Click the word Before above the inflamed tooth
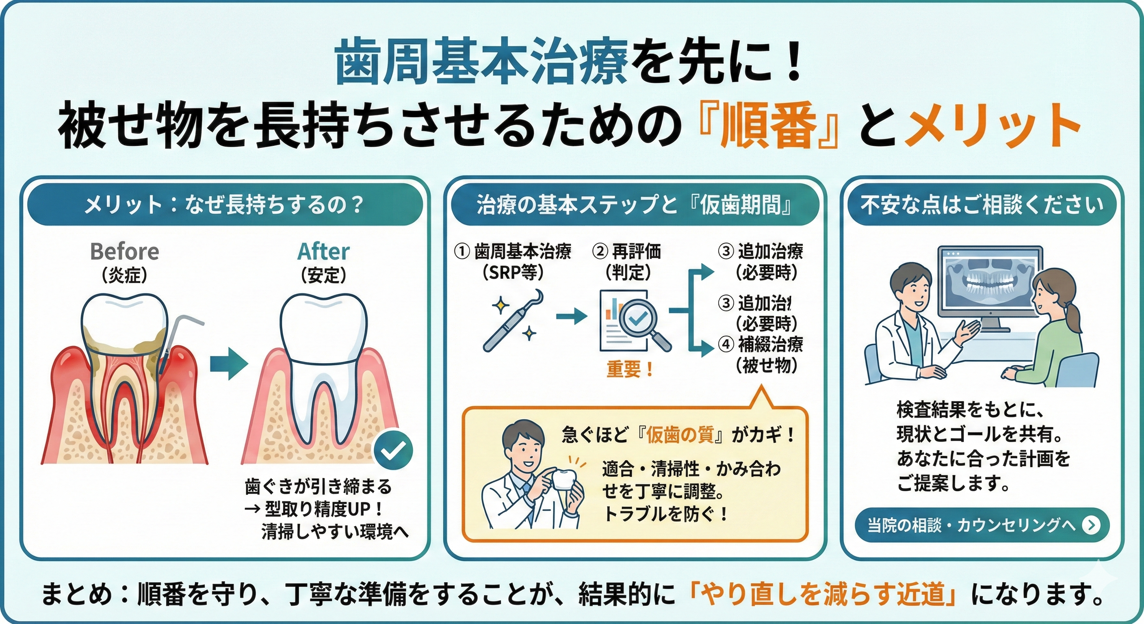click(x=124, y=252)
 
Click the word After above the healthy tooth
click(x=323, y=252)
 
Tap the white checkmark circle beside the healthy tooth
click(x=393, y=451)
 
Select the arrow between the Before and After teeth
click(x=228, y=363)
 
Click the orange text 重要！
click(x=630, y=370)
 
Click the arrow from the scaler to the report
click(x=572, y=316)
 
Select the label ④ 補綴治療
click(x=761, y=344)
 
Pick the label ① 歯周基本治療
click(x=513, y=252)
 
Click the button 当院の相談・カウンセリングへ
click(x=982, y=525)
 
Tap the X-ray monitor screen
click(x=991, y=284)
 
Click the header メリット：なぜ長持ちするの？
click(x=224, y=205)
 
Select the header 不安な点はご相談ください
click(x=982, y=205)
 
